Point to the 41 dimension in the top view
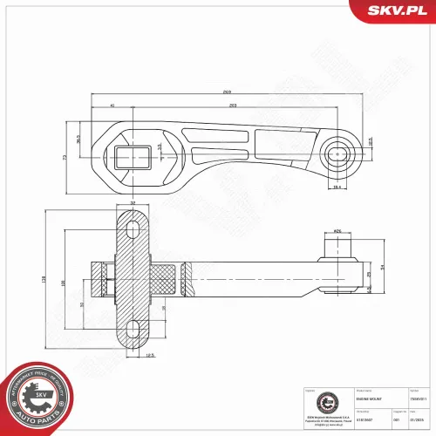[112, 106]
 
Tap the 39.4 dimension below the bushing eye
[336, 186]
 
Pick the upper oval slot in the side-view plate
[133, 230]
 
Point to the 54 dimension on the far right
[382, 269]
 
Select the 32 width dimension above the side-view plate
[133, 203]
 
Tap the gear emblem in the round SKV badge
[39, 397]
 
